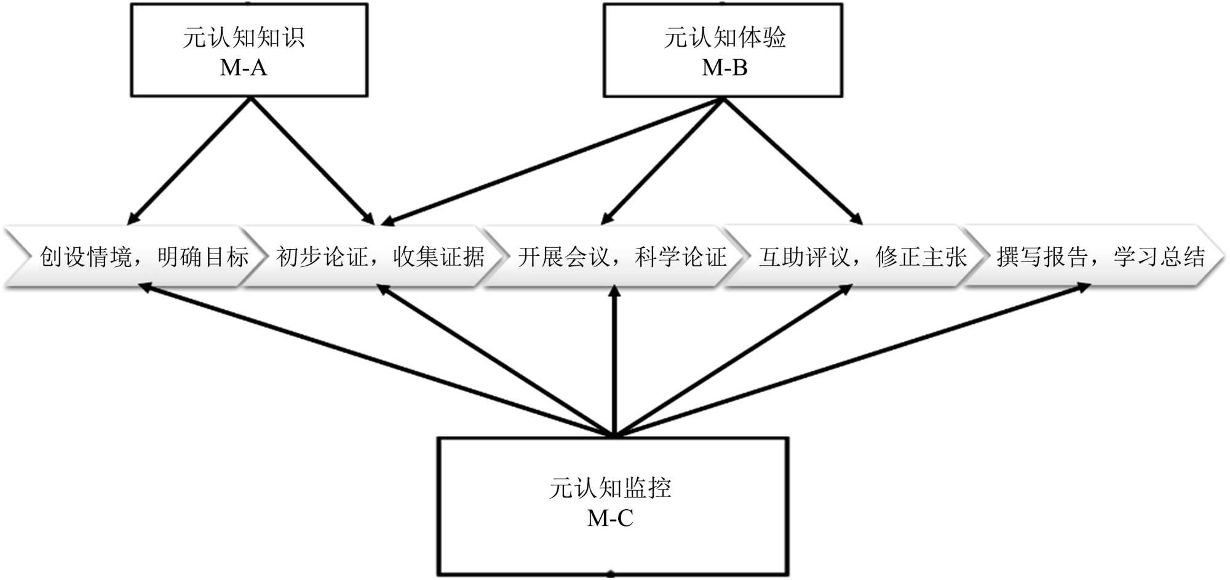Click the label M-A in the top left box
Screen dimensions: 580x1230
coord(244,68)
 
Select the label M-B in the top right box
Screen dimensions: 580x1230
coord(724,68)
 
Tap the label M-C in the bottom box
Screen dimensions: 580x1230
coord(610,518)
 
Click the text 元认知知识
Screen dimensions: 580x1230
coord(244,38)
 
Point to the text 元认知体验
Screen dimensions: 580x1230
coord(724,38)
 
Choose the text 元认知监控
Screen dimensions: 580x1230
coord(610,488)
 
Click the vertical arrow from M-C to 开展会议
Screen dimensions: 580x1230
coord(614,363)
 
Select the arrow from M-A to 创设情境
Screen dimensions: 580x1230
coord(189,161)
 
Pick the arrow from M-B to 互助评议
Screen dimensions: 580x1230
coord(793,161)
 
